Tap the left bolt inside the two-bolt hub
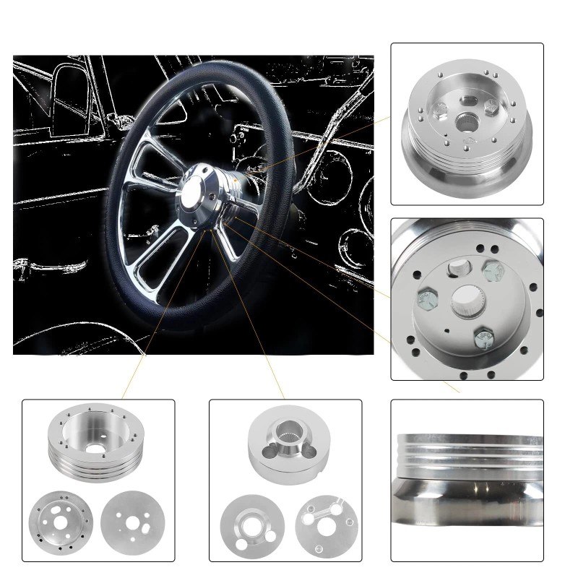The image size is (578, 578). point(439,112)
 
